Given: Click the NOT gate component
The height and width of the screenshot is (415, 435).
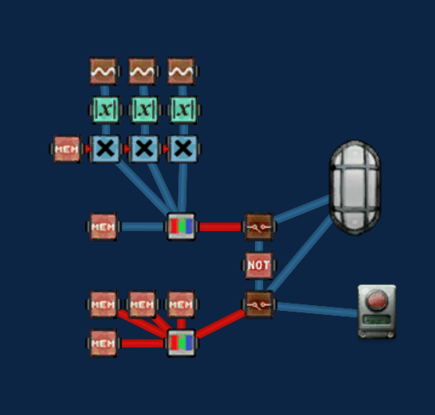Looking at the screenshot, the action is pyautogui.click(x=258, y=265).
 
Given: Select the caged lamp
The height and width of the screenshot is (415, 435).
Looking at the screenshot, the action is pyautogui.click(x=355, y=187).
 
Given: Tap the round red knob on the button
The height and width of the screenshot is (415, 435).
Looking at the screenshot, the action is pyautogui.click(x=376, y=300).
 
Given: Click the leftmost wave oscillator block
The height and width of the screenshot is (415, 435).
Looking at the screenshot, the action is pyautogui.click(x=104, y=71).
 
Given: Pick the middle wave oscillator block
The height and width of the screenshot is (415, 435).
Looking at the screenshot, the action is pyautogui.click(x=143, y=71).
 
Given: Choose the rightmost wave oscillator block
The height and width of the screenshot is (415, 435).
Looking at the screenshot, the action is pyautogui.click(x=182, y=71).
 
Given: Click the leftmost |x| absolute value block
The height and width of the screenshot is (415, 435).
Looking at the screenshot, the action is pyautogui.click(x=105, y=110).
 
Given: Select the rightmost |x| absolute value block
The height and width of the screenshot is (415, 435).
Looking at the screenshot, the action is pyautogui.click(x=183, y=110).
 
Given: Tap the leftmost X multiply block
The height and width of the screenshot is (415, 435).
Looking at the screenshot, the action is pyautogui.click(x=104, y=149).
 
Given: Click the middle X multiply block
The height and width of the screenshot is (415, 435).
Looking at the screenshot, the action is pyautogui.click(x=143, y=149).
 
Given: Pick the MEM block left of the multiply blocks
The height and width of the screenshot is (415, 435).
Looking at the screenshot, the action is pyautogui.click(x=67, y=149).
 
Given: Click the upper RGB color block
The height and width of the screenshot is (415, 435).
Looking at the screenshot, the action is pyautogui.click(x=182, y=226).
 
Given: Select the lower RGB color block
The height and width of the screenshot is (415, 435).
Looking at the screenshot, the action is pyautogui.click(x=182, y=343).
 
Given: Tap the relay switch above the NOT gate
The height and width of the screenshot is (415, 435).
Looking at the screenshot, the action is pyautogui.click(x=259, y=226).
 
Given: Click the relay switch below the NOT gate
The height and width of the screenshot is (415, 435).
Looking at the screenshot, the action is pyautogui.click(x=259, y=304).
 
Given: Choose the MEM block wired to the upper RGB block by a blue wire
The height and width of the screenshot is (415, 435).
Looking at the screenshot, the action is pyautogui.click(x=103, y=226).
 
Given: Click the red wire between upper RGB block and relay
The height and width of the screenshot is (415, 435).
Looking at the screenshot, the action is pyautogui.click(x=221, y=226).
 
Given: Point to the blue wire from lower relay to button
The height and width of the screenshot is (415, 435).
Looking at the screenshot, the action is pyautogui.click(x=317, y=309).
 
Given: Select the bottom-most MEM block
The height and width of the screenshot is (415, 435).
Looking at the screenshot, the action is pyautogui.click(x=103, y=343).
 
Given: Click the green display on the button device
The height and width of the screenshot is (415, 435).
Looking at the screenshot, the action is pyautogui.click(x=377, y=320).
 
